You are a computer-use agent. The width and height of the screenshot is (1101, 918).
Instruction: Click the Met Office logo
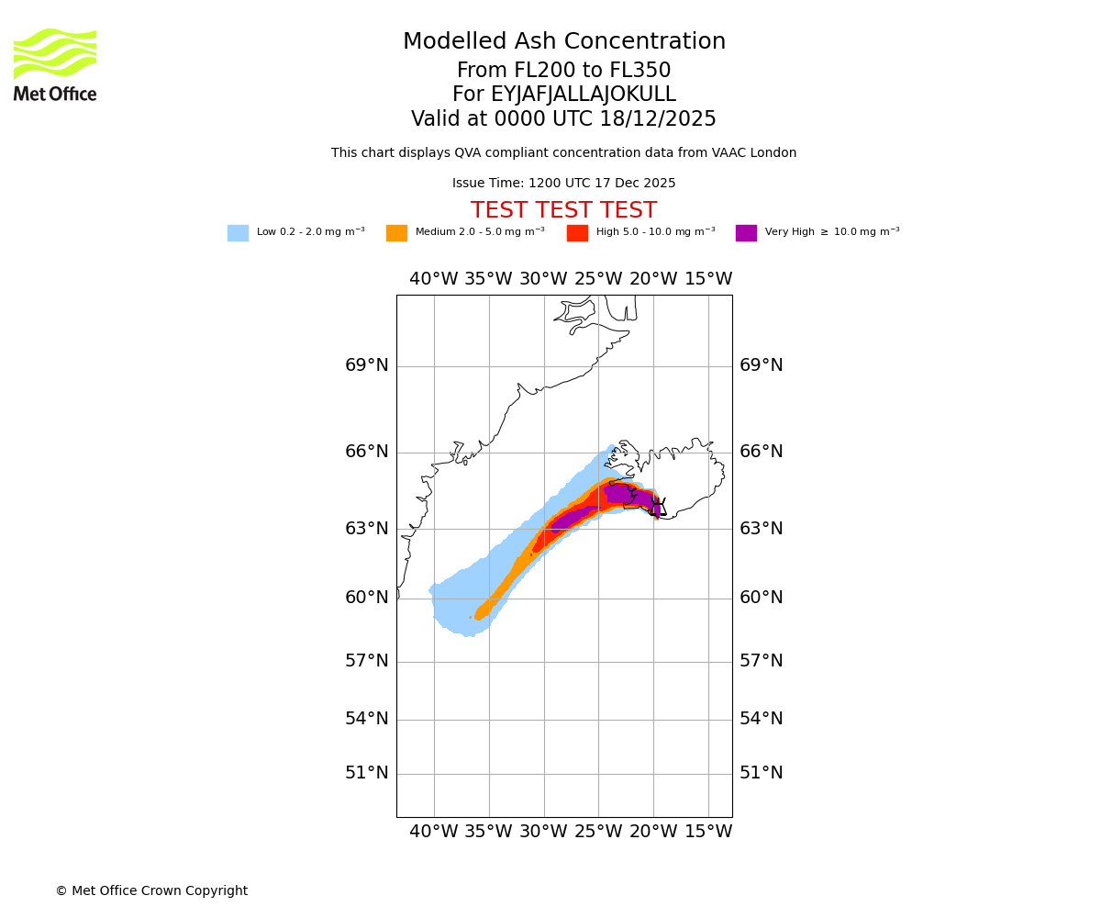pyautogui.click(x=55, y=64)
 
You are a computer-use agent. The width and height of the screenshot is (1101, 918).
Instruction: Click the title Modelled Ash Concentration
pyautogui.click(x=563, y=42)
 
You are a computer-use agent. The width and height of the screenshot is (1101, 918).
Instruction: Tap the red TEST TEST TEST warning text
pyautogui.click(x=563, y=211)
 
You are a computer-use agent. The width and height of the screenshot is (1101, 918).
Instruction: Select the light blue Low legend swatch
pyautogui.click(x=238, y=233)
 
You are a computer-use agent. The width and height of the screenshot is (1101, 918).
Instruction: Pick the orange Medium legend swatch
pyautogui.click(x=396, y=233)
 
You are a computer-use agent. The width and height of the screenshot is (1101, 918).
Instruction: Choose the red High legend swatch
pyautogui.click(x=577, y=233)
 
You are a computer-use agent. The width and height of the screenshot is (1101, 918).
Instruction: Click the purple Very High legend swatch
pyautogui.click(x=746, y=233)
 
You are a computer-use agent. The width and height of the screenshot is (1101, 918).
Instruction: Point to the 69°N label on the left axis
pyautogui.click(x=367, y=365)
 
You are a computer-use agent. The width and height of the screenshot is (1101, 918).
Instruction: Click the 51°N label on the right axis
pyautogui.click(x=762, y=773)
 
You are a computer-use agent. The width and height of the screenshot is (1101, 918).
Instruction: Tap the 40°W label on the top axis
pyautogui.click(x=433, y=279)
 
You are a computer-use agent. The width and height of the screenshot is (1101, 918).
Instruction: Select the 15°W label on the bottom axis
pyautogui.click(x=708, y=832)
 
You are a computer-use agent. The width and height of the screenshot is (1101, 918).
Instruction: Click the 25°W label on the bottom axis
pyautogui.click(x=598, y=832)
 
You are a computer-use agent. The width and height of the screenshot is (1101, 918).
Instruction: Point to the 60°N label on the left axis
pyautogui.click(x=367, y=598)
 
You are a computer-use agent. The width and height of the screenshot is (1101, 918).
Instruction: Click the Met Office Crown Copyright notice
pyautogui.click(x=151, y=891)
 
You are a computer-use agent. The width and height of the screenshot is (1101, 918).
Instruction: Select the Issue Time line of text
pyautogui.click(x=563, y=184)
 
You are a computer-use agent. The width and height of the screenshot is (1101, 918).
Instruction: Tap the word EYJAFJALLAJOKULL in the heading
pyautogui.click(x=584, y=95)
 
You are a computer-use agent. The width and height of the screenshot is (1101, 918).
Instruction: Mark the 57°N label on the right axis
pyautogui.click(x=762, y=661)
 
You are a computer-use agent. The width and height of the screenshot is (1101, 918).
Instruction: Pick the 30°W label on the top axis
pyautogui.click(x=543, y=279)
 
